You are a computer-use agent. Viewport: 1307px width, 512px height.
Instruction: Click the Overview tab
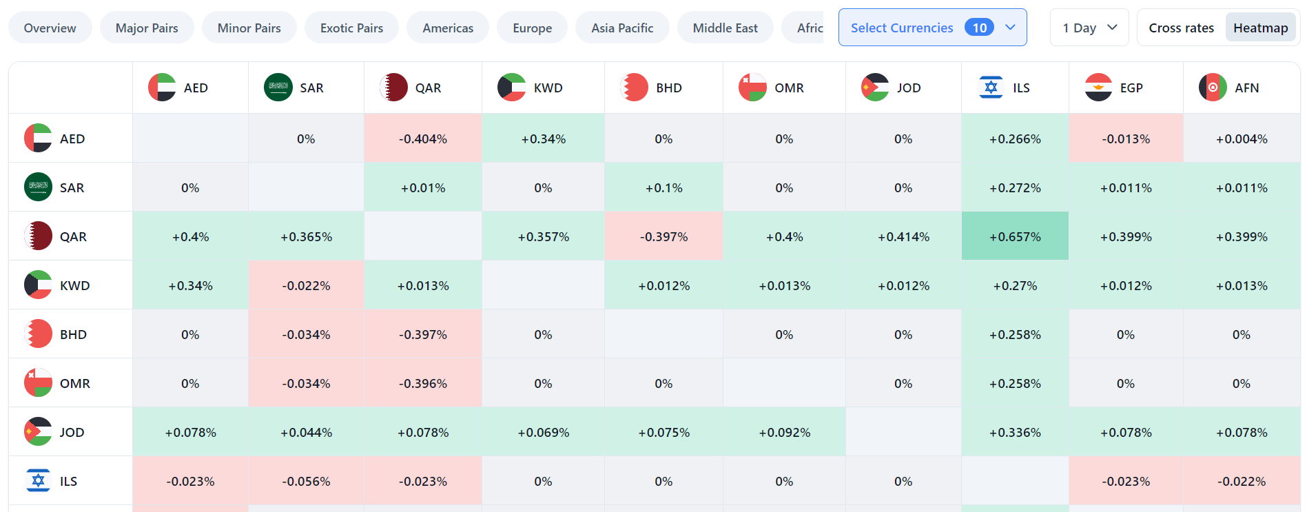[50, 28]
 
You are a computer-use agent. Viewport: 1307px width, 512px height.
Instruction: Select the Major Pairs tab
[147, 28]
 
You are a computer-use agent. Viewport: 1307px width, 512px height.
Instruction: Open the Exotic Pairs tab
[351, 28]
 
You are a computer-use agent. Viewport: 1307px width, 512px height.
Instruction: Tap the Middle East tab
[725, 28]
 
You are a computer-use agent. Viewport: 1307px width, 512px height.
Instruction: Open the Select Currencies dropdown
[932, 28]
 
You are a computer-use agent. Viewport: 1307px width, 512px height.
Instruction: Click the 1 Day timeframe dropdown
[1089, 28]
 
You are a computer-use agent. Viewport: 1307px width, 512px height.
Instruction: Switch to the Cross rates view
[1181, 28]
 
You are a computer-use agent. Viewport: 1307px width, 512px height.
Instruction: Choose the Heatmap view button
[1260, 28]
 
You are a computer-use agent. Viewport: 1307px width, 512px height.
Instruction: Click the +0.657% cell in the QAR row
[1015, 236]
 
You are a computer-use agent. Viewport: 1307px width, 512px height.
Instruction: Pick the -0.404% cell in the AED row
[423, 139]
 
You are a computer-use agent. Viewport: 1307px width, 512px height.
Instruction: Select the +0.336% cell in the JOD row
[1015, 432]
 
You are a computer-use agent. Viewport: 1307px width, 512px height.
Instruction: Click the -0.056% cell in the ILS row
[306, 481]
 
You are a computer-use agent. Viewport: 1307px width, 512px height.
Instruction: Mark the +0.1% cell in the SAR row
[663, 187]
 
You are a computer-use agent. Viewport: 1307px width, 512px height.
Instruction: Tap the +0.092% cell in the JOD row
[784, 432]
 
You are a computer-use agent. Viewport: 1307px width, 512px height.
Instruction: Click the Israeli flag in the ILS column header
[991, 88]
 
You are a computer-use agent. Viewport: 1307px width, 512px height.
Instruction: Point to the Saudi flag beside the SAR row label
[38, 187]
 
